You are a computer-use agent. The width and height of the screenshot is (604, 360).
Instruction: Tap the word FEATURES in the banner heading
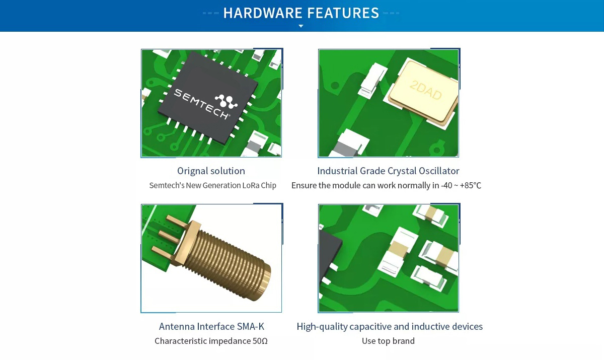(x=343, y=13)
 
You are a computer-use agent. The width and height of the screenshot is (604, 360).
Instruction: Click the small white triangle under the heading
(x=301, y=26)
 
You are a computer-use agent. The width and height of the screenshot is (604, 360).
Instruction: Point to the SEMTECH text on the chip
(x=201, y=104)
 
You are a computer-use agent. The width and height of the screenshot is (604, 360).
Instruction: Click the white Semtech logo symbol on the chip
(x=226, y=101)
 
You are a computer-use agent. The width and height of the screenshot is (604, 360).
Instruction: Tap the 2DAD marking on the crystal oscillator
(x=425, y=90)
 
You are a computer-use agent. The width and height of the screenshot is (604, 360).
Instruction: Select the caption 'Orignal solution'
(x=211, y=171)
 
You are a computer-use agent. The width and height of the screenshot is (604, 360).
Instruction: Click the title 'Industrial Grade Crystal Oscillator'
(x=388, y=171)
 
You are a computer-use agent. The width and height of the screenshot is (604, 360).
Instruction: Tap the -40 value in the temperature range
(x=446, y=185)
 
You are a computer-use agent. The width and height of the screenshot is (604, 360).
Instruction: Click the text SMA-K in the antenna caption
(x=251, y=327)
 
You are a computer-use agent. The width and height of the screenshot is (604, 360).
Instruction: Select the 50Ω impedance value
(x=260, y=341)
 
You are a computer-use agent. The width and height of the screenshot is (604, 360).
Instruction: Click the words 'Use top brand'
(x=388, y=341)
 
